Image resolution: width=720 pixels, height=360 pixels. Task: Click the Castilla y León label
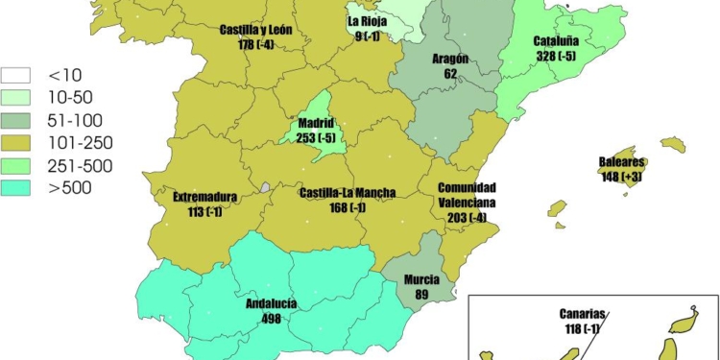point(255,30)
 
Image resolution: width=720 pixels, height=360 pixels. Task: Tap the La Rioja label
point(368,22)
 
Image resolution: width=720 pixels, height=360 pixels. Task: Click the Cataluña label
point(556,42)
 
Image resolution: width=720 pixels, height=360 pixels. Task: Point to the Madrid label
point(316,124)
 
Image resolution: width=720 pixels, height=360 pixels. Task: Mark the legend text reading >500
point(72,187)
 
